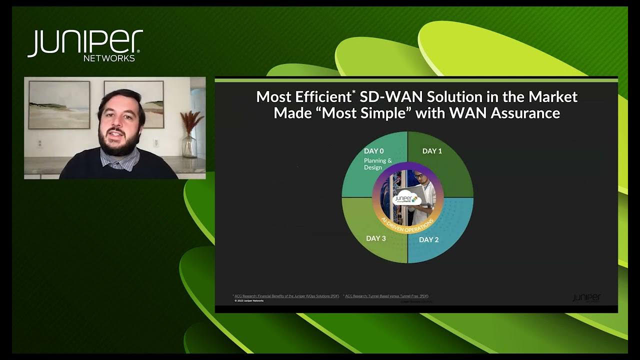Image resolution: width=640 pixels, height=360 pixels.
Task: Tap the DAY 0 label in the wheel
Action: tap(374, 151)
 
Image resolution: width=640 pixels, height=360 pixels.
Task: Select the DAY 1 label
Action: tap(432, 151)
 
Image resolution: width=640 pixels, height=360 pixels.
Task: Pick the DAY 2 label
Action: tap(428, 239)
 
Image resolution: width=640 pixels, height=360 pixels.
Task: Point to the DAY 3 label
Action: tap(376, 238)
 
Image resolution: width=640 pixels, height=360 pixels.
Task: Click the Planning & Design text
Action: tap(378, 164)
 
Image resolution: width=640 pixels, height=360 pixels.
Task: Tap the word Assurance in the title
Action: tap(525, 113)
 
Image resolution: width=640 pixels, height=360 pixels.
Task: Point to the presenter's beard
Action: tap(120, 145)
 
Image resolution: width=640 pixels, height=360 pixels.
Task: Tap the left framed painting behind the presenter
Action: tap(59, 104)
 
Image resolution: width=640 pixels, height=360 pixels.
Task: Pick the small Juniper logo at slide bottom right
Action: tap(586, 297)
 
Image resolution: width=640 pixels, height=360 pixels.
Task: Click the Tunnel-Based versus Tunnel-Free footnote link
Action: tap(386, 296)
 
